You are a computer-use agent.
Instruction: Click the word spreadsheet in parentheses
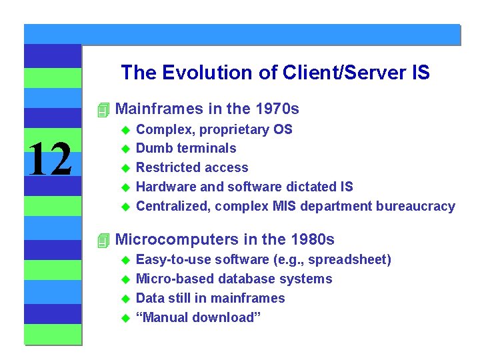[353, 259]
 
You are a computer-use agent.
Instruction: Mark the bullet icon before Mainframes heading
[102, 109]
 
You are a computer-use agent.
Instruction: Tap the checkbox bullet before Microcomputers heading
[102, 240]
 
